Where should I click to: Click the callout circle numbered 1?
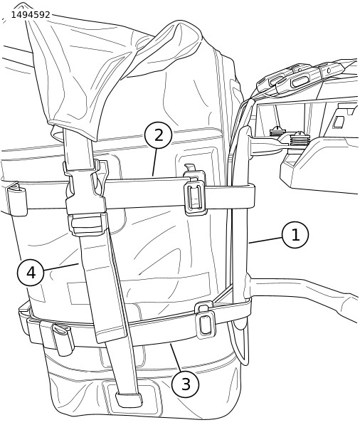point(295,235)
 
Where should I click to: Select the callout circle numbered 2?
point(159,135)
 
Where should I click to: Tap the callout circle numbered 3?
point(185,384)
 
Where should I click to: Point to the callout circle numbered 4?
point(31,273)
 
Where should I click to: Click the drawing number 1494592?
point(31,15)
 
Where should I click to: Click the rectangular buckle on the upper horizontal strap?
point(195,194)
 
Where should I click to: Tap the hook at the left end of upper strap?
point(17,199)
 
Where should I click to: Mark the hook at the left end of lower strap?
point(63,339)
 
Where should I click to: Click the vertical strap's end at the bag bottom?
point(129,399)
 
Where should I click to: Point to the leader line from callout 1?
point(266,240)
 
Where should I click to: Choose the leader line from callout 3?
point(176,357)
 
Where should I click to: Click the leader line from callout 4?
point(61,267)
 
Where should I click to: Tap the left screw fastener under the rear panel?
point(277,132)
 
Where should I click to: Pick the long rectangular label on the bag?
point(139,288)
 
